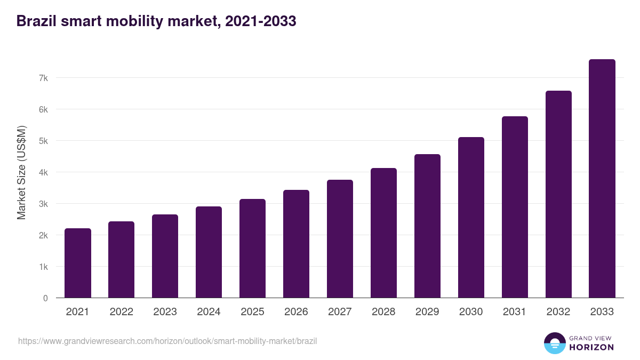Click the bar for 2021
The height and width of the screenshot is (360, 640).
(78, 263)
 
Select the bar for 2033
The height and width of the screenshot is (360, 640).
(602, 179)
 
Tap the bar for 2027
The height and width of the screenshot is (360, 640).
(340, 239)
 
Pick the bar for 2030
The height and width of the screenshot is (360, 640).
(471, 218)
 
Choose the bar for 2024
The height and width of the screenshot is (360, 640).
(209, 252)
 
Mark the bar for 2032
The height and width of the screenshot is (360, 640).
(558, 194)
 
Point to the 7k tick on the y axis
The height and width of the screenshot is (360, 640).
(43, 78)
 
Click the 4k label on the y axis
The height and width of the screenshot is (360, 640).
(43, 172)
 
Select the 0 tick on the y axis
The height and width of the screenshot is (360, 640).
(45, 298)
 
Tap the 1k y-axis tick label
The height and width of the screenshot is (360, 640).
(43, 267)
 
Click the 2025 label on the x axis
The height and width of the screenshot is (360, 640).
(252, 312)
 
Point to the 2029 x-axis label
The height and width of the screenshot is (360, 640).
(427, 312)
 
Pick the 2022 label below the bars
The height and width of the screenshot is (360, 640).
(121, 312)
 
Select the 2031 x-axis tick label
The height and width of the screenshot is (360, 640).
(515, 312)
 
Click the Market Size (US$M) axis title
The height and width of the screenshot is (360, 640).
(21, 172)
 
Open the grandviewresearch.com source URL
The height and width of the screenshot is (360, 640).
(167, 341)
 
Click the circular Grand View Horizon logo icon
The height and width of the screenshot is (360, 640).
(554, 343)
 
